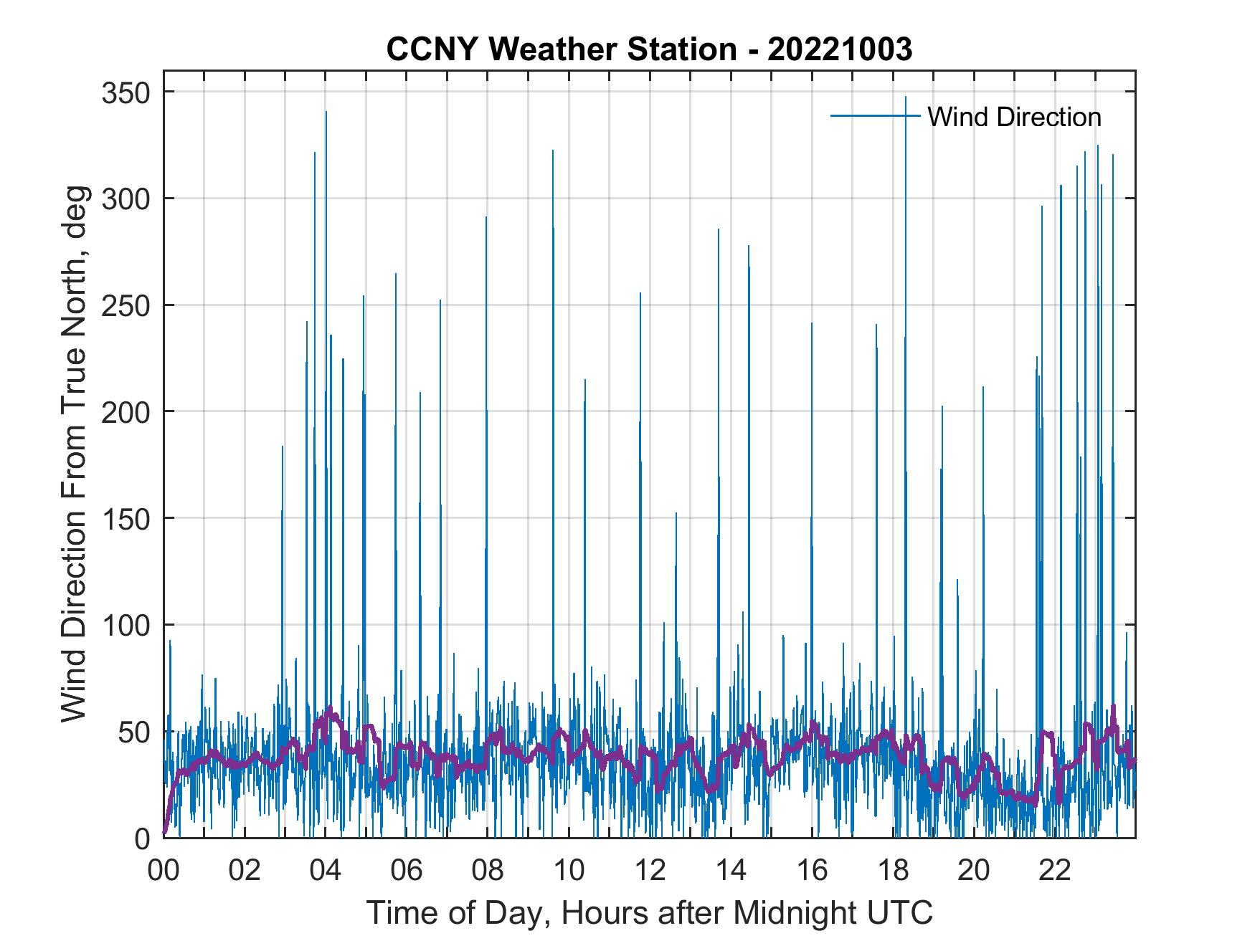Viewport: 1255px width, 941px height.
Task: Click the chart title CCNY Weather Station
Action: pyautogui.click(x=649, y=49)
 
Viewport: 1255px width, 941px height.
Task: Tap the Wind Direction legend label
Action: pyautogui.click(x=1014, y=117)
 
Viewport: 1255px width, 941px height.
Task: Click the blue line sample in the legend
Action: pyautogui.click(x=875, y=116)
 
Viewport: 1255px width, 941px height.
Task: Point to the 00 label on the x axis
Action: pyautogui.click(x=164, y=871)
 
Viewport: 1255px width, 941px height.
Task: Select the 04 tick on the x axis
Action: pyautogui.click(x=326, y=871)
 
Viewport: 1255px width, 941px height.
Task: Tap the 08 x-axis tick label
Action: pyautogui.click(x=488, y=871)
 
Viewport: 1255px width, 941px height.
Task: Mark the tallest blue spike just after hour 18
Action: pyautogui.click(x=906, y=97)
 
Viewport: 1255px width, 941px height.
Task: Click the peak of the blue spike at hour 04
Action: pyautogui.click(x=326, y=112)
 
